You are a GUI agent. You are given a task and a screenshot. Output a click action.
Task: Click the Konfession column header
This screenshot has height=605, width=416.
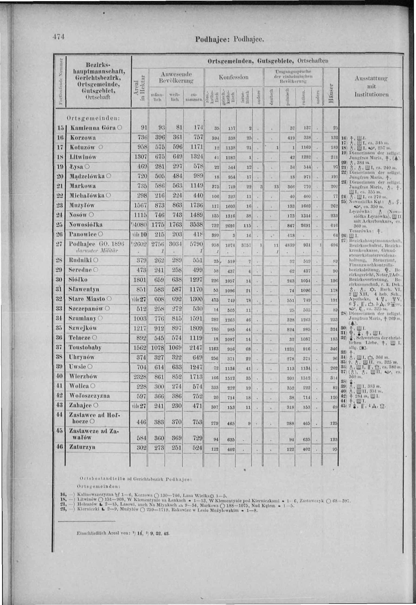coord(234,77)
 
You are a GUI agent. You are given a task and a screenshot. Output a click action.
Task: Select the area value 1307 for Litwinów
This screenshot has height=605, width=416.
coord(140,157)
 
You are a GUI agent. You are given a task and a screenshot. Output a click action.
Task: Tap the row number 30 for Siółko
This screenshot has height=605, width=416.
coord(60,280)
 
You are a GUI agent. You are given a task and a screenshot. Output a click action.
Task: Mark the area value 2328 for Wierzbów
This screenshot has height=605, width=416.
coord(140,377)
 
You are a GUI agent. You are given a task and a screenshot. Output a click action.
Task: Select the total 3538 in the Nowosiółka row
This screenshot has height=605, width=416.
coord(197,225)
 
